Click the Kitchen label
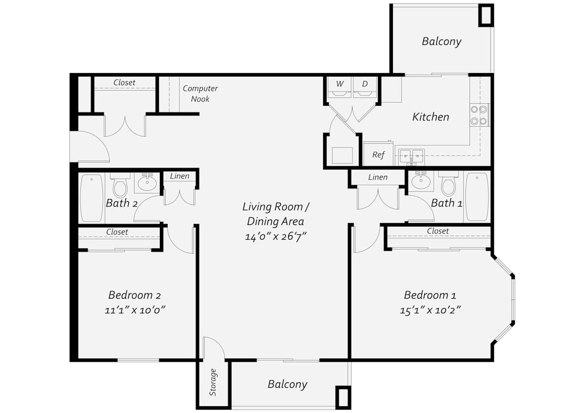click(430, 117)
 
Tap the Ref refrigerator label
click(378, 155)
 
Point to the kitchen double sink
click(411, 157)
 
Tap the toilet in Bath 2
click(120, 185)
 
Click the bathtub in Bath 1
click(477, 197)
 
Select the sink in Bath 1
click(421, 181)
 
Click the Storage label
click(213, 382)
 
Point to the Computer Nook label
click(200, 94)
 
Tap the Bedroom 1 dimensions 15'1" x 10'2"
click(430, 310)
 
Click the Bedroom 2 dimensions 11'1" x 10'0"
click(135, 310)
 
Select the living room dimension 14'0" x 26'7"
click(275, 237)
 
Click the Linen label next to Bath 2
click(180, 176)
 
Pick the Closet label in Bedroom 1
click(438, 231)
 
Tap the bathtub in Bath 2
click(92, 198)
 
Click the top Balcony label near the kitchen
click(442, 41)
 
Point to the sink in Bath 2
click(147, 182)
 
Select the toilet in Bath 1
click(448, 184)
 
